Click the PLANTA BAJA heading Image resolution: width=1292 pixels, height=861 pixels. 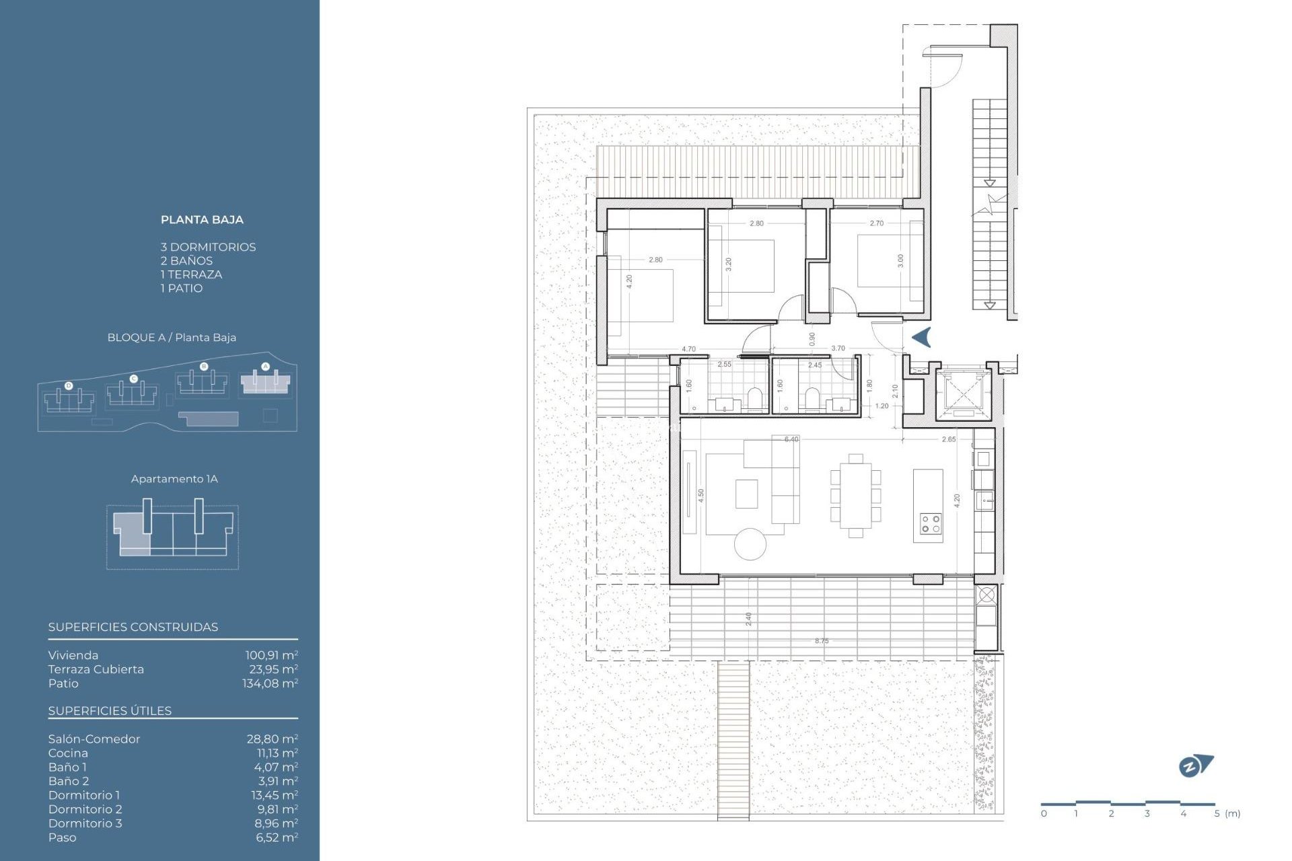click(x=202, y=220)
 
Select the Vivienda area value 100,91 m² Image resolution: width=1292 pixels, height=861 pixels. click(x=271, y=655)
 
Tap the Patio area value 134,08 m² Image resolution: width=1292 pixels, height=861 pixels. click(x=270, y=683)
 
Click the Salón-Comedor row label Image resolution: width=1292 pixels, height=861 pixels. click(x=94, y=739)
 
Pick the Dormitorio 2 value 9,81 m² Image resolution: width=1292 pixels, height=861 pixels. click(x=277, y=809)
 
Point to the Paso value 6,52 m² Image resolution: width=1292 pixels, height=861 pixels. click(x=277, y=837)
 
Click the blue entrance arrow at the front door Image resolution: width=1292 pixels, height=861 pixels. click(x=922, y=337)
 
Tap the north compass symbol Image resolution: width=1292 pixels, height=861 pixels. click(x=1195, y=765)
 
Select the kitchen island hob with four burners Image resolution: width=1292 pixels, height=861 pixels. click(x=931, y=524)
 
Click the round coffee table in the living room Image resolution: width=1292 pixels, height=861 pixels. click(x=750, y=544)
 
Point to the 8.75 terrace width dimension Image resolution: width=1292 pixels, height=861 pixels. click(x=822, y=641)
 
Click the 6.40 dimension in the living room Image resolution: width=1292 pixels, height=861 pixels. click(x=791, y=439)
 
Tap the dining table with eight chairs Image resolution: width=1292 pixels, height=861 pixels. click(x=855, y=495)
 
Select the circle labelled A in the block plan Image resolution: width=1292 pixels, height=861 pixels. click(x=265, y=367)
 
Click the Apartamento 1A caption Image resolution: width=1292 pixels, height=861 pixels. click(x=174, y=479)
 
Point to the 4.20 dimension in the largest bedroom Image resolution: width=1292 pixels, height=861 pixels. click(x=629, y=281)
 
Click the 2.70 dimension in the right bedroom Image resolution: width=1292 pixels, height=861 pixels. click(x=876, y=223)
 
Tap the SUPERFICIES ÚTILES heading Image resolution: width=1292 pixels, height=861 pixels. click(x=110, y=711)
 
